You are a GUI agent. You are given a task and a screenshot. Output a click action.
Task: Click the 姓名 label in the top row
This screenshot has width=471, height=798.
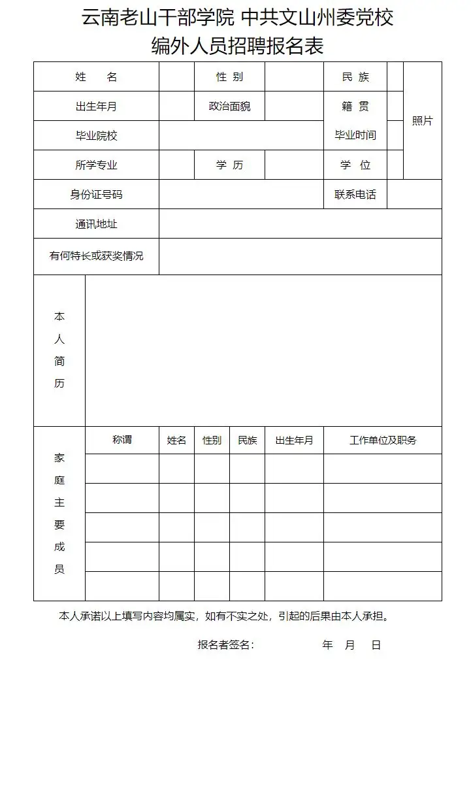pos(96,77)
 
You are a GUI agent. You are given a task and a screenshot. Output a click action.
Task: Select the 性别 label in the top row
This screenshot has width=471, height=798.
pos(229,77)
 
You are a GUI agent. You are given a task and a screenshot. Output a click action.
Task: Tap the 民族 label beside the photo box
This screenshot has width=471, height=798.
pos(355,77)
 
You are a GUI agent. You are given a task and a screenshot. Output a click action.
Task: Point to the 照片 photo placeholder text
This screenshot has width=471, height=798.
pos(422,121)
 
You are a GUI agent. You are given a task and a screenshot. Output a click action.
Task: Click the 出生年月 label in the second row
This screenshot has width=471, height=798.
pos(96,107)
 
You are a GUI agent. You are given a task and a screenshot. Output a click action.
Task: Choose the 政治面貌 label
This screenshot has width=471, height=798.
pos(229,107)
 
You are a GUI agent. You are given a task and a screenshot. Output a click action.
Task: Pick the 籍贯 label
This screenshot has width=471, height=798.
pos(355,107)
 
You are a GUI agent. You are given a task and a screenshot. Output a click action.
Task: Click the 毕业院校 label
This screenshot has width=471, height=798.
pos(96,136)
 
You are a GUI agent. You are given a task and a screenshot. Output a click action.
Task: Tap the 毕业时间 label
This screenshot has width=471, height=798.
pos(355,135)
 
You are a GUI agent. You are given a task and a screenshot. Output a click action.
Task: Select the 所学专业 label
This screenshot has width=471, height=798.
pos(96,165)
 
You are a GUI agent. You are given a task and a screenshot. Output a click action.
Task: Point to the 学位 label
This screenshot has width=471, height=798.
pos(355,165)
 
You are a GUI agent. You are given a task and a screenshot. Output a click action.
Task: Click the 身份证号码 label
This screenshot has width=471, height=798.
pos(96,195)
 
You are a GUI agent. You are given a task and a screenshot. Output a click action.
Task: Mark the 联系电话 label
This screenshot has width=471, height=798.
pos(355,195)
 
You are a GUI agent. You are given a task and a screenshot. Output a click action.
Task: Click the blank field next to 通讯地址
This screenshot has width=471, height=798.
pos(300,224)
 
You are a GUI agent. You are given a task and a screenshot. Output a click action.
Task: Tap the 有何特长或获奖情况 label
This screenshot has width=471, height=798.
pos(96,256)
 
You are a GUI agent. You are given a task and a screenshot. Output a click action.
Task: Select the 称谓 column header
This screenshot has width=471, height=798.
pos(122,440)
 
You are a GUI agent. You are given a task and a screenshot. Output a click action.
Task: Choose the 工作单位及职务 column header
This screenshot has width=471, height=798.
pos(383,441)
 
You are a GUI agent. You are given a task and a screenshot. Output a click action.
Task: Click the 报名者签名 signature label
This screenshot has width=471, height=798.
pos(225,645)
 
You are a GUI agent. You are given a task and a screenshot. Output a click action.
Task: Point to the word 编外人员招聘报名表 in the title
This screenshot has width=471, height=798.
pos(237,46)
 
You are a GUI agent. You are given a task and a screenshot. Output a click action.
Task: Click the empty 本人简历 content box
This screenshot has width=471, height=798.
pos(263,350)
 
